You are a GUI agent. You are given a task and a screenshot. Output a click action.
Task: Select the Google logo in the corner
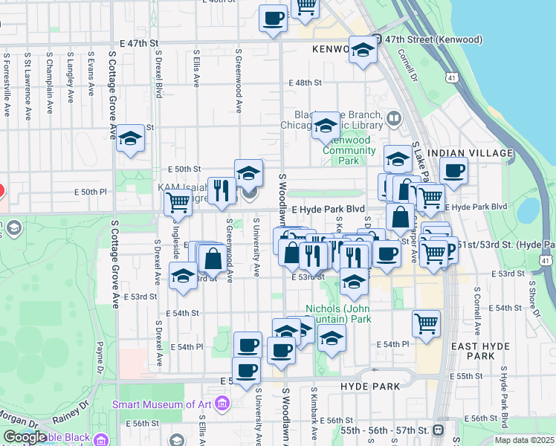coord(25,437)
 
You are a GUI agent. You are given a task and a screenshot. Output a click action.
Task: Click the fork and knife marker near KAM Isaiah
coord(221,190)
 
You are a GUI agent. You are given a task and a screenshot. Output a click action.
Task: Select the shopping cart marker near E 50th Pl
coord(178,201)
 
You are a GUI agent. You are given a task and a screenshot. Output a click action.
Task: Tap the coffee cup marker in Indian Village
coord(453,169)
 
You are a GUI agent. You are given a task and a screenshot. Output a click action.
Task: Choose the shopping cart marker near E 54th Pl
coord(426,323)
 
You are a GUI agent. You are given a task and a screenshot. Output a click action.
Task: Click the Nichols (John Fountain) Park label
coord(338,314)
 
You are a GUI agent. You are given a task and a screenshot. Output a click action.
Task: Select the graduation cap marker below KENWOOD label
coord(362,51)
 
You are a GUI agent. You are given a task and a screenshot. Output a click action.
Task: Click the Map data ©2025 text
coord(524,440)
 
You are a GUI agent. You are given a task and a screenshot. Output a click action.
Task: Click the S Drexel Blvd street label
coord(159,74)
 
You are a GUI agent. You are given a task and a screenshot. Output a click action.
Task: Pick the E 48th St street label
coord(306,83)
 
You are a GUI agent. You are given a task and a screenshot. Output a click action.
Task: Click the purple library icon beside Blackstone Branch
coord(393,117)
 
